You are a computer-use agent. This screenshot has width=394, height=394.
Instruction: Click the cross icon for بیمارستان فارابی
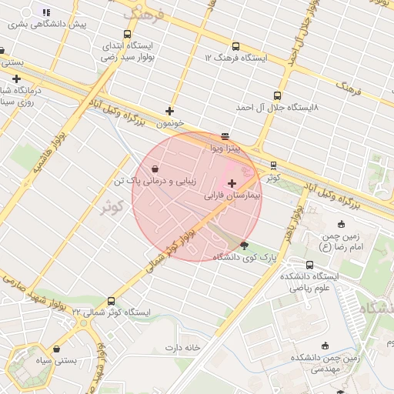[232, 183]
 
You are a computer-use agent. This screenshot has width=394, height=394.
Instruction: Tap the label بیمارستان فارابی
[232, 196]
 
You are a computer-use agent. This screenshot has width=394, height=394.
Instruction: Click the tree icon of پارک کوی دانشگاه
[245, 245]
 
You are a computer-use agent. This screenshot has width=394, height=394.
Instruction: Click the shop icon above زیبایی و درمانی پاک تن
[156, 169]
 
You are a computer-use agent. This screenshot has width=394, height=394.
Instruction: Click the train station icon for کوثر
[273, 165]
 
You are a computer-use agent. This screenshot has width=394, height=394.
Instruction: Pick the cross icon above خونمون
[169, 111]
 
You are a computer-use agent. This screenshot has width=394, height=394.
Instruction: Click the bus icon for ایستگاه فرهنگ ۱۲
[235, 45]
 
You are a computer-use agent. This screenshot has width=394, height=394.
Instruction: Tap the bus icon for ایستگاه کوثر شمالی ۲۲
[112, 301]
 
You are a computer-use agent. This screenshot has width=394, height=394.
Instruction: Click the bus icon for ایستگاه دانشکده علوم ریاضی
[309, 265]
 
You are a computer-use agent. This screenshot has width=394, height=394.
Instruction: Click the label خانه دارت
[182, 347]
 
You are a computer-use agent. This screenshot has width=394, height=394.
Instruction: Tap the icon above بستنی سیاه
[56, 349]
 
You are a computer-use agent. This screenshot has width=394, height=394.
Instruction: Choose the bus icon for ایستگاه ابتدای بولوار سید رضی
[127, 34]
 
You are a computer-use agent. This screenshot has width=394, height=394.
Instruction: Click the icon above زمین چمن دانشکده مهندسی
[324, 346]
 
